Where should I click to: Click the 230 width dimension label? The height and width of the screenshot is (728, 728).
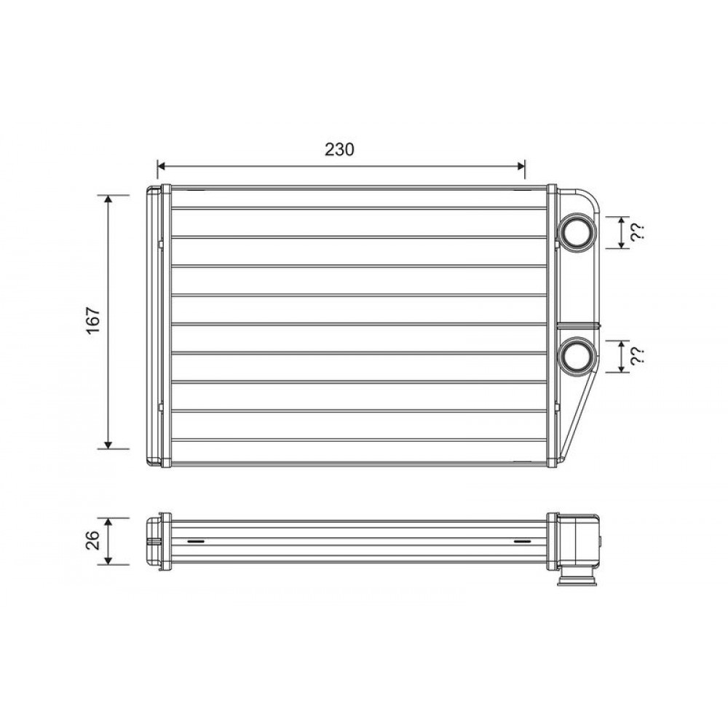coord(339,149)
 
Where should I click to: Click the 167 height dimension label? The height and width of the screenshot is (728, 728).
coord(93,320)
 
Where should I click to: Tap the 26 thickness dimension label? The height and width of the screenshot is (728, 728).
coord(93,540)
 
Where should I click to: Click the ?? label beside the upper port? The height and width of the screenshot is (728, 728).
coord(637,232)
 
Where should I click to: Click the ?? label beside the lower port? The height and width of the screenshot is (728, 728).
coord(637,357)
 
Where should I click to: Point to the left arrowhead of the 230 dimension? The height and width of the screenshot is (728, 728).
coord(161,166)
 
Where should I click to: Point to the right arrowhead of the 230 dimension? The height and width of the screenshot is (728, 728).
coord(521,166)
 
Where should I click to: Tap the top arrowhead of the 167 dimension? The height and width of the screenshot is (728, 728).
coord(108,199)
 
